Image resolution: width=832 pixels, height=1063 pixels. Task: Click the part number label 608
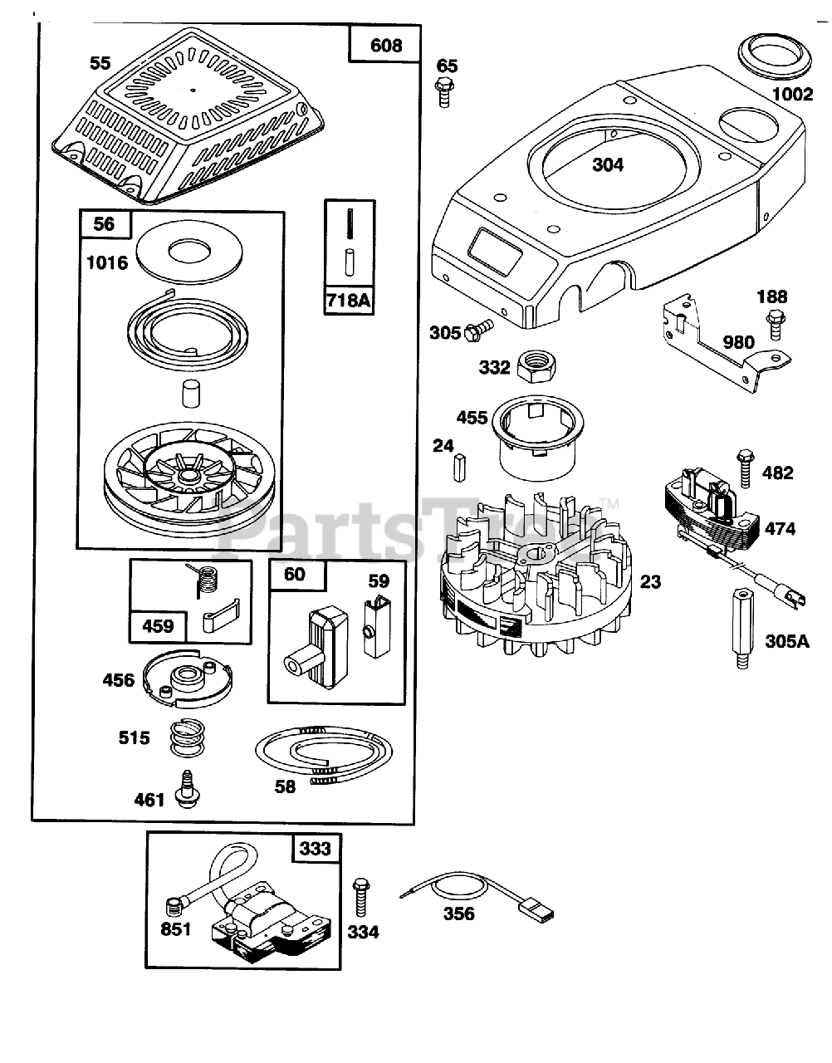click(x=386, y=45)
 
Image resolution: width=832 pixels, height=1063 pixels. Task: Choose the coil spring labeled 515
click(x=188, y=737)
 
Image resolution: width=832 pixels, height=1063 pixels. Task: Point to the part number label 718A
click(x=349, y=299)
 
